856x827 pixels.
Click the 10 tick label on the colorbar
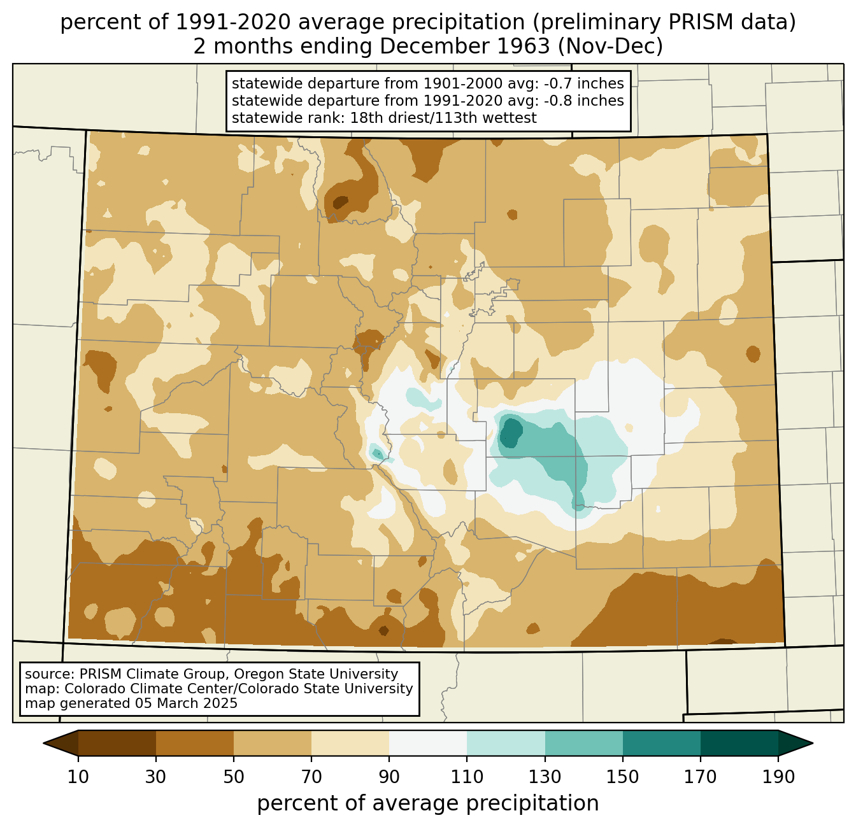tap(78, 777)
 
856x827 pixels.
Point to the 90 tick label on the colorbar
tap(389, 777)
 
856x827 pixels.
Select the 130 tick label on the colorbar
tap(545, 777)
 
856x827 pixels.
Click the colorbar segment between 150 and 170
tap(662, 743)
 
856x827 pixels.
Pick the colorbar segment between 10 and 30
tap(117, 743)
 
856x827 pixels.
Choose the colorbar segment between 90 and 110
tap(428, 743)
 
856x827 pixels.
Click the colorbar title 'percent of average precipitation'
tap(428, 803)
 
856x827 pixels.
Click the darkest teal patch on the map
tap(510, 432)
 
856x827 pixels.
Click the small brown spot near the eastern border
tap(753, 353)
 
